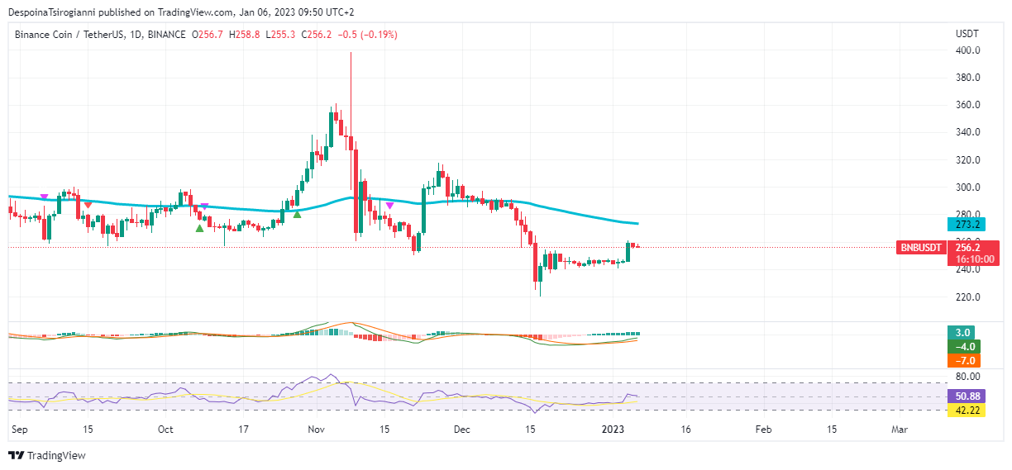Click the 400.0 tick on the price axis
967,50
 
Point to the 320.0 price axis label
967,160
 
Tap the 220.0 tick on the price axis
967,297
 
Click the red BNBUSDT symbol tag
921,247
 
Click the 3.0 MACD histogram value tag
963,333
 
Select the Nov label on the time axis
317,430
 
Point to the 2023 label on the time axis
613,430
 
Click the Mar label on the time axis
900,430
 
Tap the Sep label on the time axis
21,430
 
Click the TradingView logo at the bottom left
47,455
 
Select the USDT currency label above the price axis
967,34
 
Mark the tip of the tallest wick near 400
351,53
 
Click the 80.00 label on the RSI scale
967,376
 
